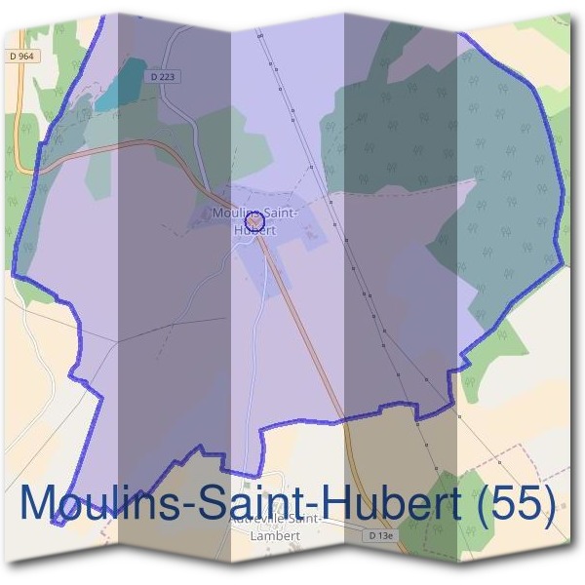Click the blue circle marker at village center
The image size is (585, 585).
pyautogui.click(x=255, y=222)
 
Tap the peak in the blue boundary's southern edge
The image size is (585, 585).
pyautogui.click(x=203, y=448)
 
